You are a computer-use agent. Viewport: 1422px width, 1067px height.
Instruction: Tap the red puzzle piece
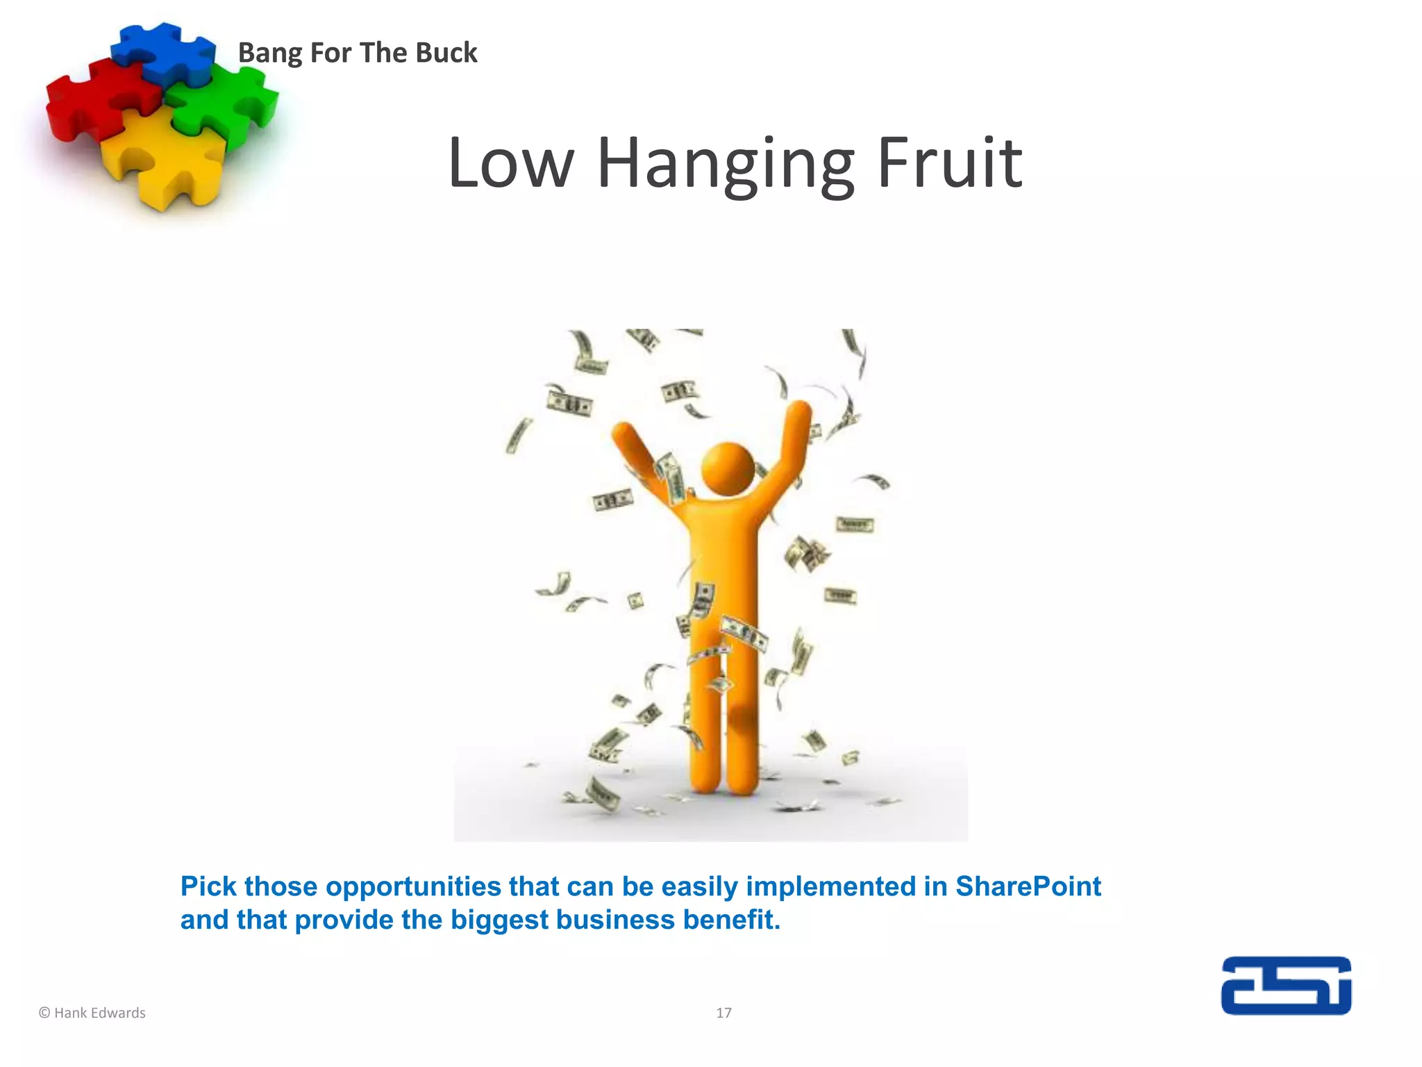tap(90, 101)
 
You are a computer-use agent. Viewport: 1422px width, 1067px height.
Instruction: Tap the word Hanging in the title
tap(726, 165)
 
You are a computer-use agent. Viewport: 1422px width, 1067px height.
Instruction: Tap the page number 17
tap(723, 1013)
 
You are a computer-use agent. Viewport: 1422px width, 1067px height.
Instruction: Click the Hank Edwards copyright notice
tap(92, 1013)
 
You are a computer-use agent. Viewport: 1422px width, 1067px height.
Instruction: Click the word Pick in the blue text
tap(209, 887)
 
